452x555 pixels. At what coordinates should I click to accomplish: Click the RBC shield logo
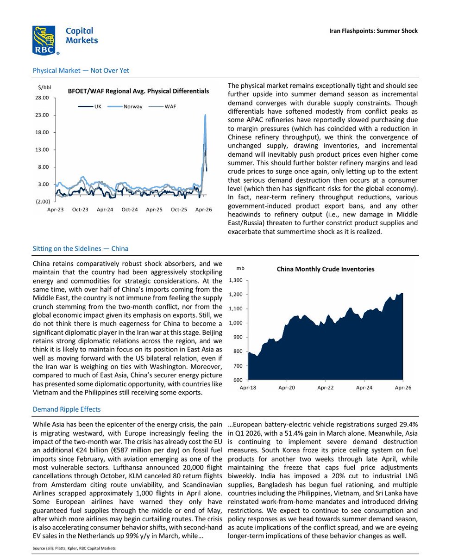[44, 40]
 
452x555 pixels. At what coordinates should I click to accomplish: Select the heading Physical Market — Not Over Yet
[81, 71]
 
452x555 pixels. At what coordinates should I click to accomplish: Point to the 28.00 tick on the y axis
[42, 98]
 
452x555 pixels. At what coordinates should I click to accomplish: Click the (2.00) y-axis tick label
[42, 202]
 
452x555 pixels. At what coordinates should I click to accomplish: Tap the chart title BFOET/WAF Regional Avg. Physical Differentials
[138, 91]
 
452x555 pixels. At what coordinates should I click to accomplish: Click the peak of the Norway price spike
[205, 115]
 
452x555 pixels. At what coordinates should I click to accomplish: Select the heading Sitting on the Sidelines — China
[80, 249]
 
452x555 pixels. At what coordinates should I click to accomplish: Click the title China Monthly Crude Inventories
[326, 269]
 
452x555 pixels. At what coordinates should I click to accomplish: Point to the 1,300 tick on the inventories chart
[236, 280]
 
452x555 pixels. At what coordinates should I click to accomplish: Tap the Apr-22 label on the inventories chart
[326, 388]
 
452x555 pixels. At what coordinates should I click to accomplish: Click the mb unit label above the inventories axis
[240, 268]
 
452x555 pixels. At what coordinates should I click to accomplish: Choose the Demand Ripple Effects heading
[66, 409]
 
